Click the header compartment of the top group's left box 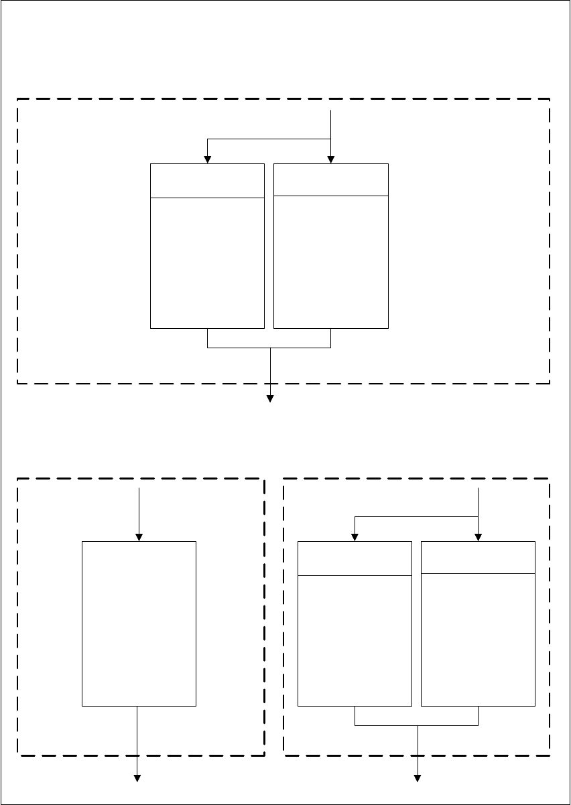click(x=207, y=180)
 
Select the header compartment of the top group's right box click(x=331, y=179)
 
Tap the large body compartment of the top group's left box click(x=207, y=263)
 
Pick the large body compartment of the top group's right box click(x=331, y=261)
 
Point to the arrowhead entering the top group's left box click(x=208, y=159)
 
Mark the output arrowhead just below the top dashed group click(x=271, y=398)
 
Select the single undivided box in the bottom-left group click(x=139, y=623)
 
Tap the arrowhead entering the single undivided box click(x=139, y=537)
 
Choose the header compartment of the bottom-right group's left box click(x=355, y=559)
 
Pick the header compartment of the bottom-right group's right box click(x=478, y=557)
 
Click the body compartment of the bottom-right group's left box click(x=355, y=640)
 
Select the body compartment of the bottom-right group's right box click(x=478, y=639)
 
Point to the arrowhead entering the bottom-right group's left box click(x=355, y=537)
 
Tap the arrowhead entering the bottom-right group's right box click(x=478, y=537)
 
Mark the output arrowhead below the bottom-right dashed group click(x=418, y=778)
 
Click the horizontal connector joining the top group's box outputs click(x=269, y=348)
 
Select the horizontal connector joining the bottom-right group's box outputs click(x=416, y=725)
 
